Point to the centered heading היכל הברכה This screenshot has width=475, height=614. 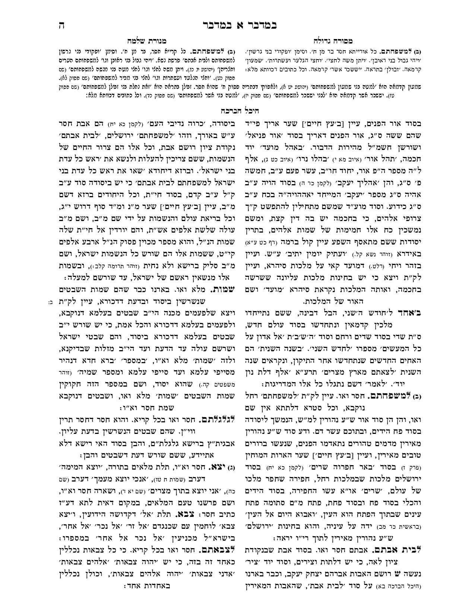[x=238, y=111]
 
